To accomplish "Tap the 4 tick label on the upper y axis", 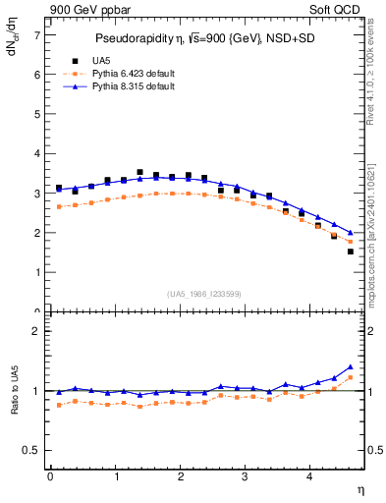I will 37,153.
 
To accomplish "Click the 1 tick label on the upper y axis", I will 37,272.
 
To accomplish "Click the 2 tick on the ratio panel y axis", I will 37,331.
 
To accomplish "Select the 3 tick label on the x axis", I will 246,476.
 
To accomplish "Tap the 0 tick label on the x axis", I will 50,476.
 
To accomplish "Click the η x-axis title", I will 359,488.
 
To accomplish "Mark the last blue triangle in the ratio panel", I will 351,366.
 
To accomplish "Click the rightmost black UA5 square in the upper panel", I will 351,251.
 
